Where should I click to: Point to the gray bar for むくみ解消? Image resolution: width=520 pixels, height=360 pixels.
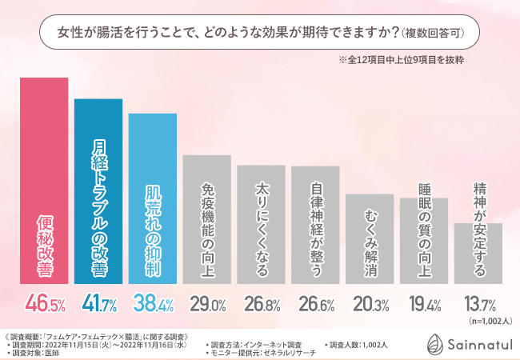(x=370, y=239)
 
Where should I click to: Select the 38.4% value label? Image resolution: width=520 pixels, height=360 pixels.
(x=153, y=304)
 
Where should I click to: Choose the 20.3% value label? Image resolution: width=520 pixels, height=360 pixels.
(x=370, y=304)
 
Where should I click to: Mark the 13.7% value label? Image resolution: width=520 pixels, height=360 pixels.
(x=478, y=304)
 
